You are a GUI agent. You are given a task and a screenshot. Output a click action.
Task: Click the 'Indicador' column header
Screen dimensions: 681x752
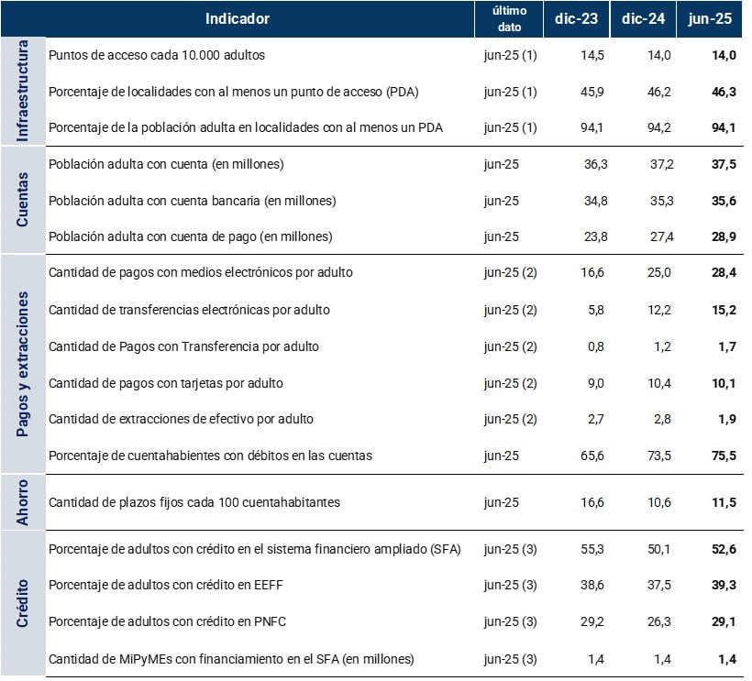[238, 18]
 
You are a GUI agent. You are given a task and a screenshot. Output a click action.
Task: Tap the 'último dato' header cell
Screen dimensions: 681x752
[509, 18]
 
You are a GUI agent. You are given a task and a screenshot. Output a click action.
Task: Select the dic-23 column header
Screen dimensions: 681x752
[577, 18]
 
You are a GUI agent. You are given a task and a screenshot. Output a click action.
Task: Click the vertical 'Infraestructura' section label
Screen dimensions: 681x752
[24, 91]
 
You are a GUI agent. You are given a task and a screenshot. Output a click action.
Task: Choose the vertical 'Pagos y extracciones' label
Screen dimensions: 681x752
[24, 364]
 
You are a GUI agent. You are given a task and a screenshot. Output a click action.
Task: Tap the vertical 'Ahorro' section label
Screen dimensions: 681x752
[24, 501]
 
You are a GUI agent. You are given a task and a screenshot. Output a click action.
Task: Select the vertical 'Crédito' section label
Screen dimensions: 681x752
[24, 603]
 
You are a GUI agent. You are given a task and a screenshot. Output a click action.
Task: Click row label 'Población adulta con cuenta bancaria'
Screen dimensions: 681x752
[192, 201]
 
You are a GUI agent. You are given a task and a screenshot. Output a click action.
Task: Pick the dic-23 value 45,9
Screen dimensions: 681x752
[592, 92]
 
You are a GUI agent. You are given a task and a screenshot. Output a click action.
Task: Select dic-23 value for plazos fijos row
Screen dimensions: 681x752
[592, 502]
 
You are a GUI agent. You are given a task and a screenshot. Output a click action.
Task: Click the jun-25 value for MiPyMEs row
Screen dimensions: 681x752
[727, 658]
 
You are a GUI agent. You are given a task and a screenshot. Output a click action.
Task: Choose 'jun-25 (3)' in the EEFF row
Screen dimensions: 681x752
[509, 585]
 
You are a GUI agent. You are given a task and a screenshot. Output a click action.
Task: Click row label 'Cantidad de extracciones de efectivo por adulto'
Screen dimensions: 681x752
[181, 419]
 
